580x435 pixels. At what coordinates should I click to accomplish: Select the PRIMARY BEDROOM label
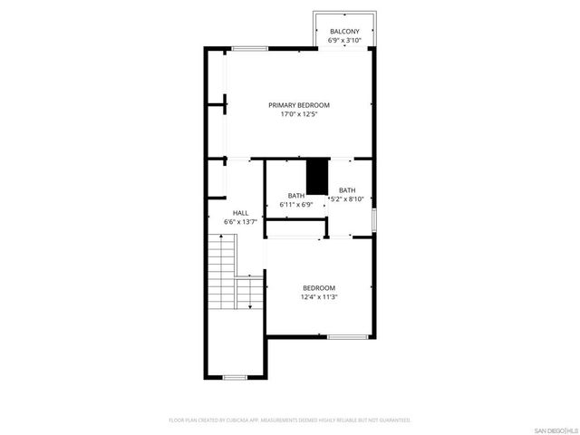299,105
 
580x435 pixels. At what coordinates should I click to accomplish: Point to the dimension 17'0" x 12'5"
299,114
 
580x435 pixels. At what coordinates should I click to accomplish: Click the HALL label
240,213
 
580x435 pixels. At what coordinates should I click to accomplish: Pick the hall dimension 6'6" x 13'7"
240,222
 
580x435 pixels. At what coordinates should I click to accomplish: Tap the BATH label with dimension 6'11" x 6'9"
296,196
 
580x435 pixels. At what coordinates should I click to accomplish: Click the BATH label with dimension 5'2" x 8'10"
347,189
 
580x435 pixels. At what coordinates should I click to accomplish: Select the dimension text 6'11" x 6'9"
296,205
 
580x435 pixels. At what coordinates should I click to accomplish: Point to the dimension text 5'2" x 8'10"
347,198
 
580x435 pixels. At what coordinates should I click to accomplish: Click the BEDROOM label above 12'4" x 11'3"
319,287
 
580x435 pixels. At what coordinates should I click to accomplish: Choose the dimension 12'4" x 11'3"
319,296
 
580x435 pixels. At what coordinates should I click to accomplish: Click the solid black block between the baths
316,177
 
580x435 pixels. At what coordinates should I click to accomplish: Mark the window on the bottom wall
235,377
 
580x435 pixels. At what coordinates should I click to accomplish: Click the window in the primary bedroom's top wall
248,47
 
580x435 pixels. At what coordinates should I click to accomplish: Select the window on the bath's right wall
374,220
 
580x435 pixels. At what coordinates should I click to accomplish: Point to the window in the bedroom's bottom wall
346,337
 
